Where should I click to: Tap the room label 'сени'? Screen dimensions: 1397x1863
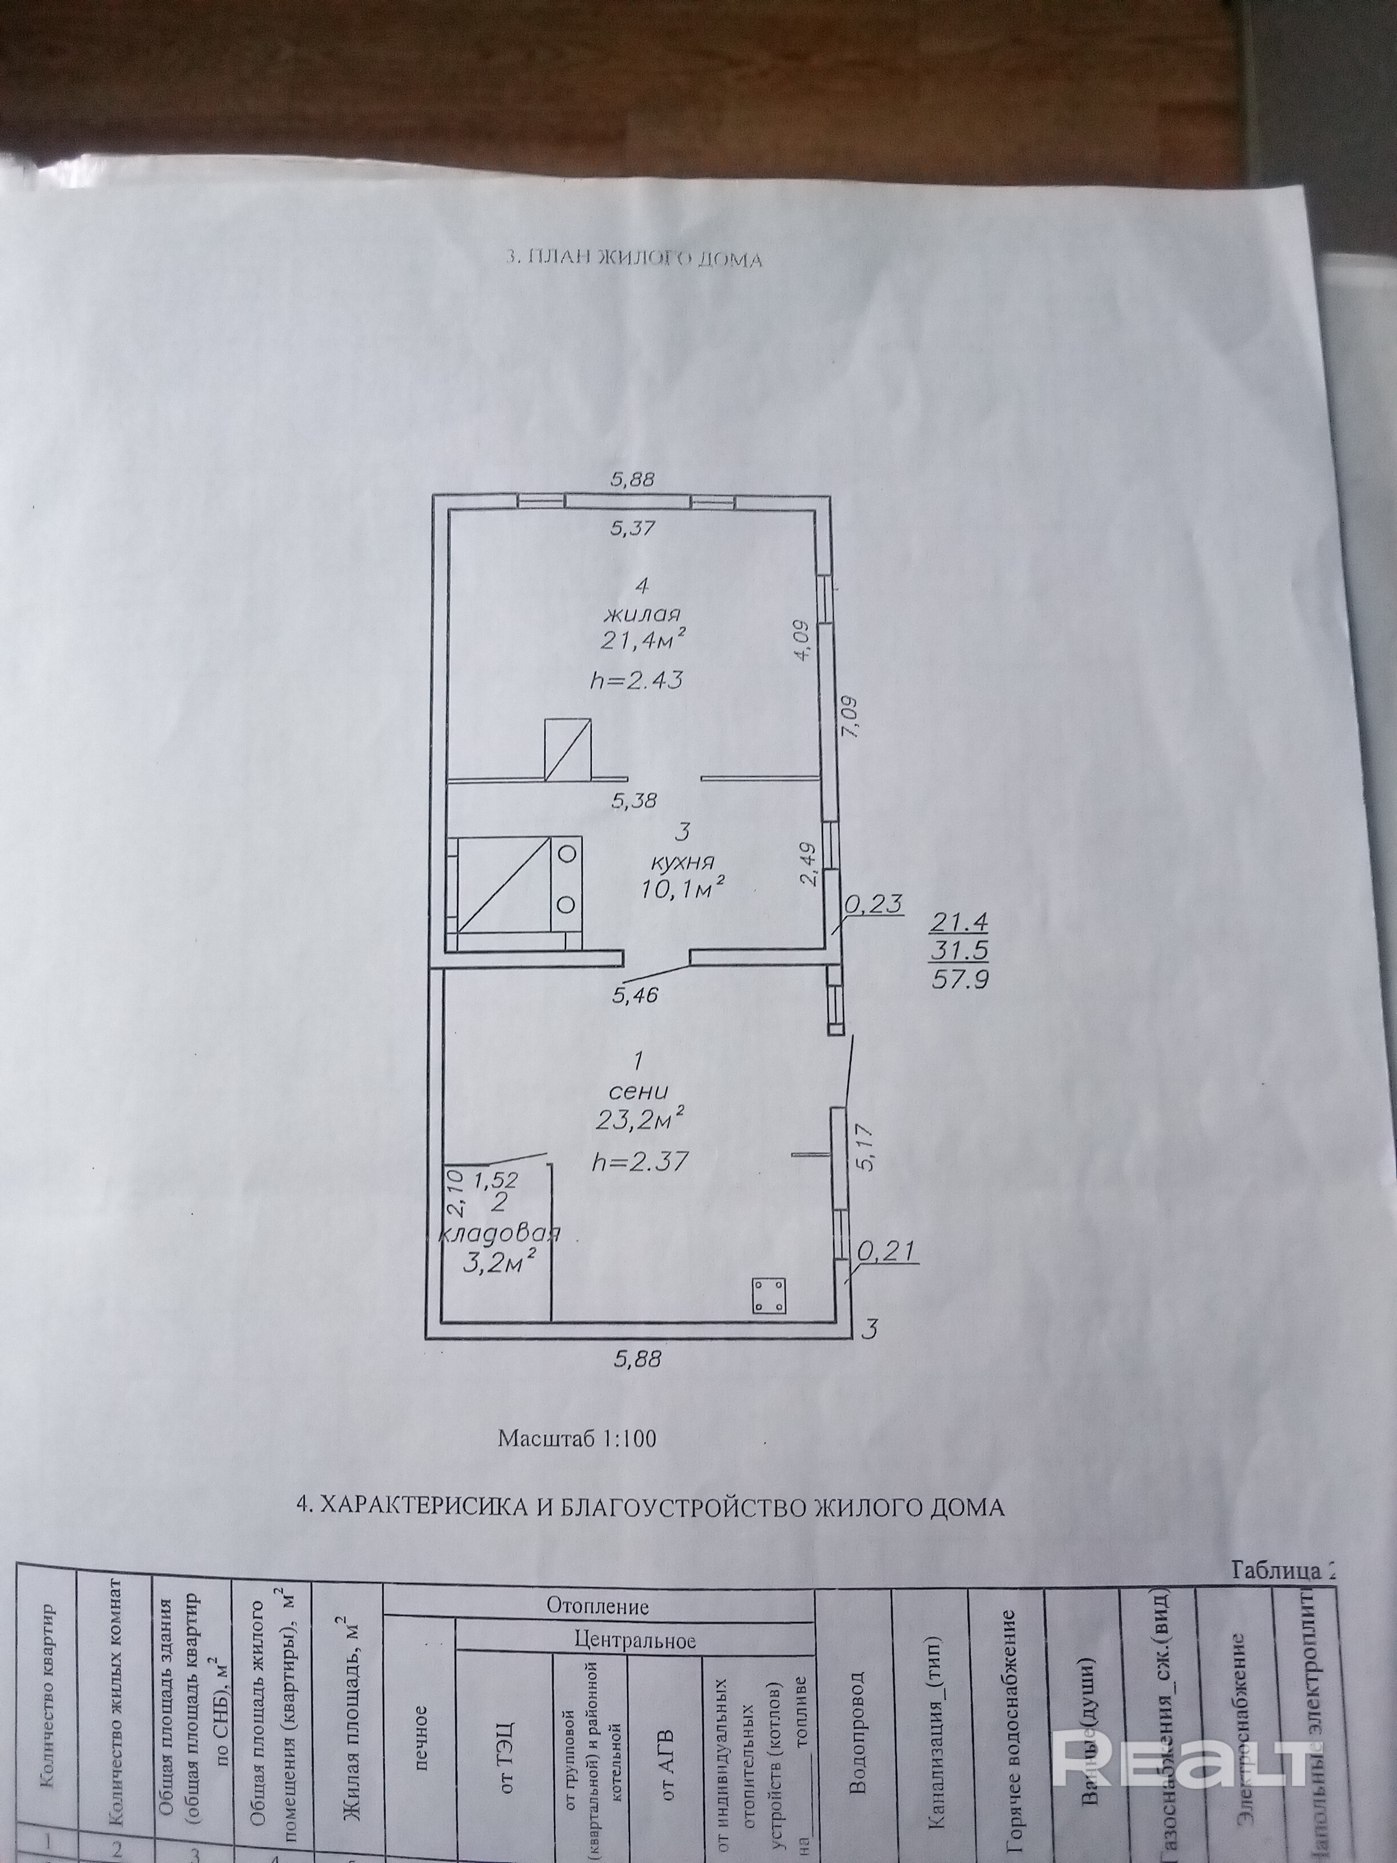coord(640,1091)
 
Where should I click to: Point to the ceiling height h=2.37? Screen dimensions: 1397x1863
coord(640,1162)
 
